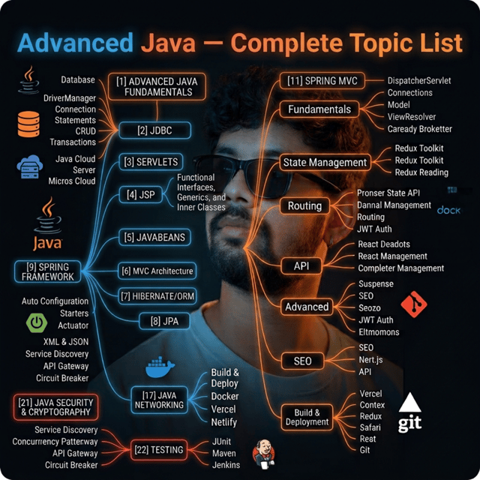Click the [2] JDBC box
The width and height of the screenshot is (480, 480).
click(x=155, y=130)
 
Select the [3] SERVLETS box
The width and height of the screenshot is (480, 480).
click(x=151, y=162)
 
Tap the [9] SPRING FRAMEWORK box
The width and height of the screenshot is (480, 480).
click(x=48, y=271)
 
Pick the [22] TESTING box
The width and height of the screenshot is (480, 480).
click(x=158, y=450)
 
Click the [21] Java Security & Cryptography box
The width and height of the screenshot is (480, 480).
click(x=55, y=407)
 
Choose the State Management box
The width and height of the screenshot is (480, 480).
click(x=325, y=162)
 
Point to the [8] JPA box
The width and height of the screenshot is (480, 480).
click(x=164, y=321)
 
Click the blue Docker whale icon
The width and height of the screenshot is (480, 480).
click(x=160, y=367)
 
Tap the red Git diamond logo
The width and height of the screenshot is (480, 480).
click(x=414, y=304)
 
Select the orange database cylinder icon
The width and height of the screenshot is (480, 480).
click(x=28, y=124)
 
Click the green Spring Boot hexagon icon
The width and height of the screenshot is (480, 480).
click(x=37, y=322)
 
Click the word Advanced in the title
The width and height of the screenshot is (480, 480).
click(x=75, y=42)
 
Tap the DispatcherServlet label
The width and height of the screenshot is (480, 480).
click(x=419, y=80)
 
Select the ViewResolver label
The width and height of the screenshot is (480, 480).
click(x=412, y=117)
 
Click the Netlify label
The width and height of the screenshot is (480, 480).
click(x=224, y=422)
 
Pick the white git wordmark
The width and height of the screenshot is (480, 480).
click(x=409, y=423)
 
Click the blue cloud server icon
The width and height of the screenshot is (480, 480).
click(x=30, y=166)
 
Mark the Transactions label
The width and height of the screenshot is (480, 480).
click(x=73, y=142)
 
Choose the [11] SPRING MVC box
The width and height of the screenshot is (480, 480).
click(x=322, y=81)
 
